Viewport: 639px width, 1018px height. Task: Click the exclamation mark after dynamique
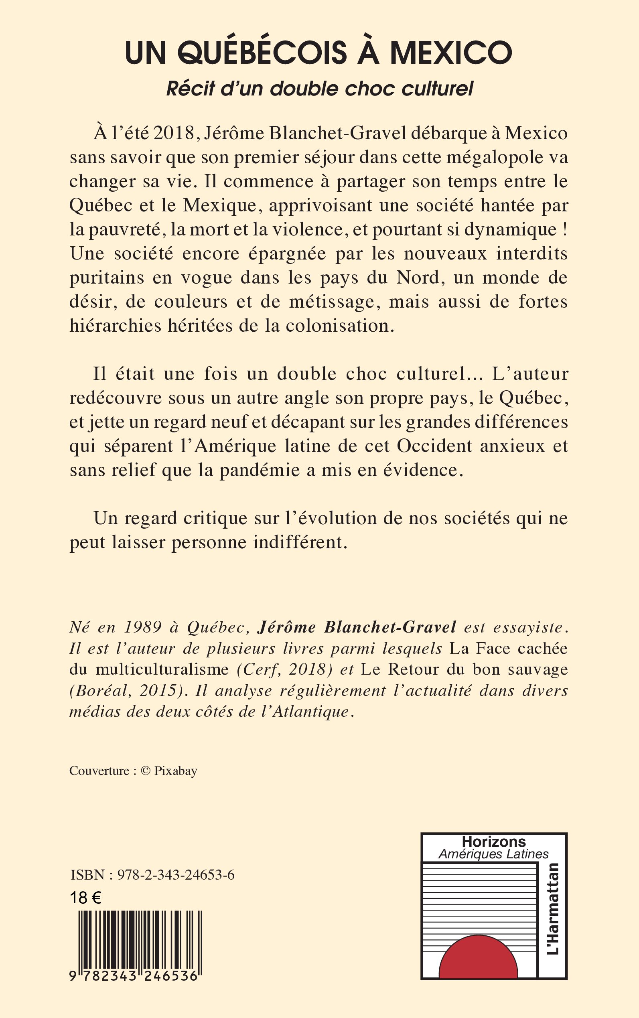tap(565, 229)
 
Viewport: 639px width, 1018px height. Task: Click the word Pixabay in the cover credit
tap(175, 771)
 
